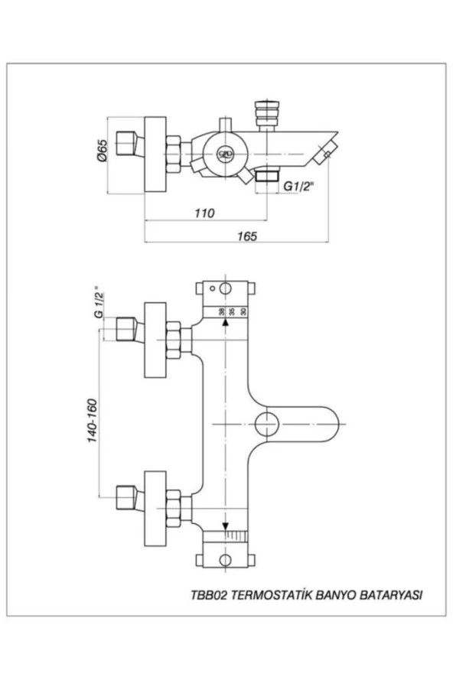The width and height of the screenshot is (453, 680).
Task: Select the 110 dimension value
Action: (204, 212)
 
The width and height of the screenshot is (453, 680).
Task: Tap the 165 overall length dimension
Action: (245, 236)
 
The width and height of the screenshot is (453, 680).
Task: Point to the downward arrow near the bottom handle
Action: (225, 526)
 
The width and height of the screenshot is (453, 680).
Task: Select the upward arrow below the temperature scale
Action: (225, 323)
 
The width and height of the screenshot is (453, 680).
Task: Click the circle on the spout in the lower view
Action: (266, 423)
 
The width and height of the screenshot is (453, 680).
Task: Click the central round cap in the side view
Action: (224, 153)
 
